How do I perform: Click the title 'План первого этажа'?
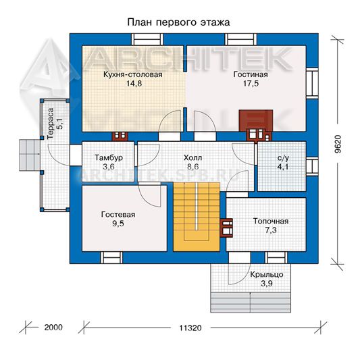[178, 23]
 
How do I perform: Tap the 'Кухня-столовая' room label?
[132, 74]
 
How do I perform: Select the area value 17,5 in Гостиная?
[251, 84]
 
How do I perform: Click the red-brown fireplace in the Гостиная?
[256, 120]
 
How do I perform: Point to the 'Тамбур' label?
[109, 158]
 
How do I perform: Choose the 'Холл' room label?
[193, 158]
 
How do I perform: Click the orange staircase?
[197, 217]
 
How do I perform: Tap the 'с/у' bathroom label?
[283, 158]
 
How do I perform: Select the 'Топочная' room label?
[271, 221]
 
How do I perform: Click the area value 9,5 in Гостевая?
[118, 224]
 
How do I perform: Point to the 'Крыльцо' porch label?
[267, 275]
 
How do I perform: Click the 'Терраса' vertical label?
[50, 124]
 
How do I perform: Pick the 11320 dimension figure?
[190, 328]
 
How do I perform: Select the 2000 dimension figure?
[53, 328]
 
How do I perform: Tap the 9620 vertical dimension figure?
[338, 144]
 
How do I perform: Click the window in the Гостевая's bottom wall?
[111, 257]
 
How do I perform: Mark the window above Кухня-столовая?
[147, 39]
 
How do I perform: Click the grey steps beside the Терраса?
[30, 155]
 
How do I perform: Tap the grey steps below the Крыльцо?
[251, 302]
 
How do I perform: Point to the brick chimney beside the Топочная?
[226, 228]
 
